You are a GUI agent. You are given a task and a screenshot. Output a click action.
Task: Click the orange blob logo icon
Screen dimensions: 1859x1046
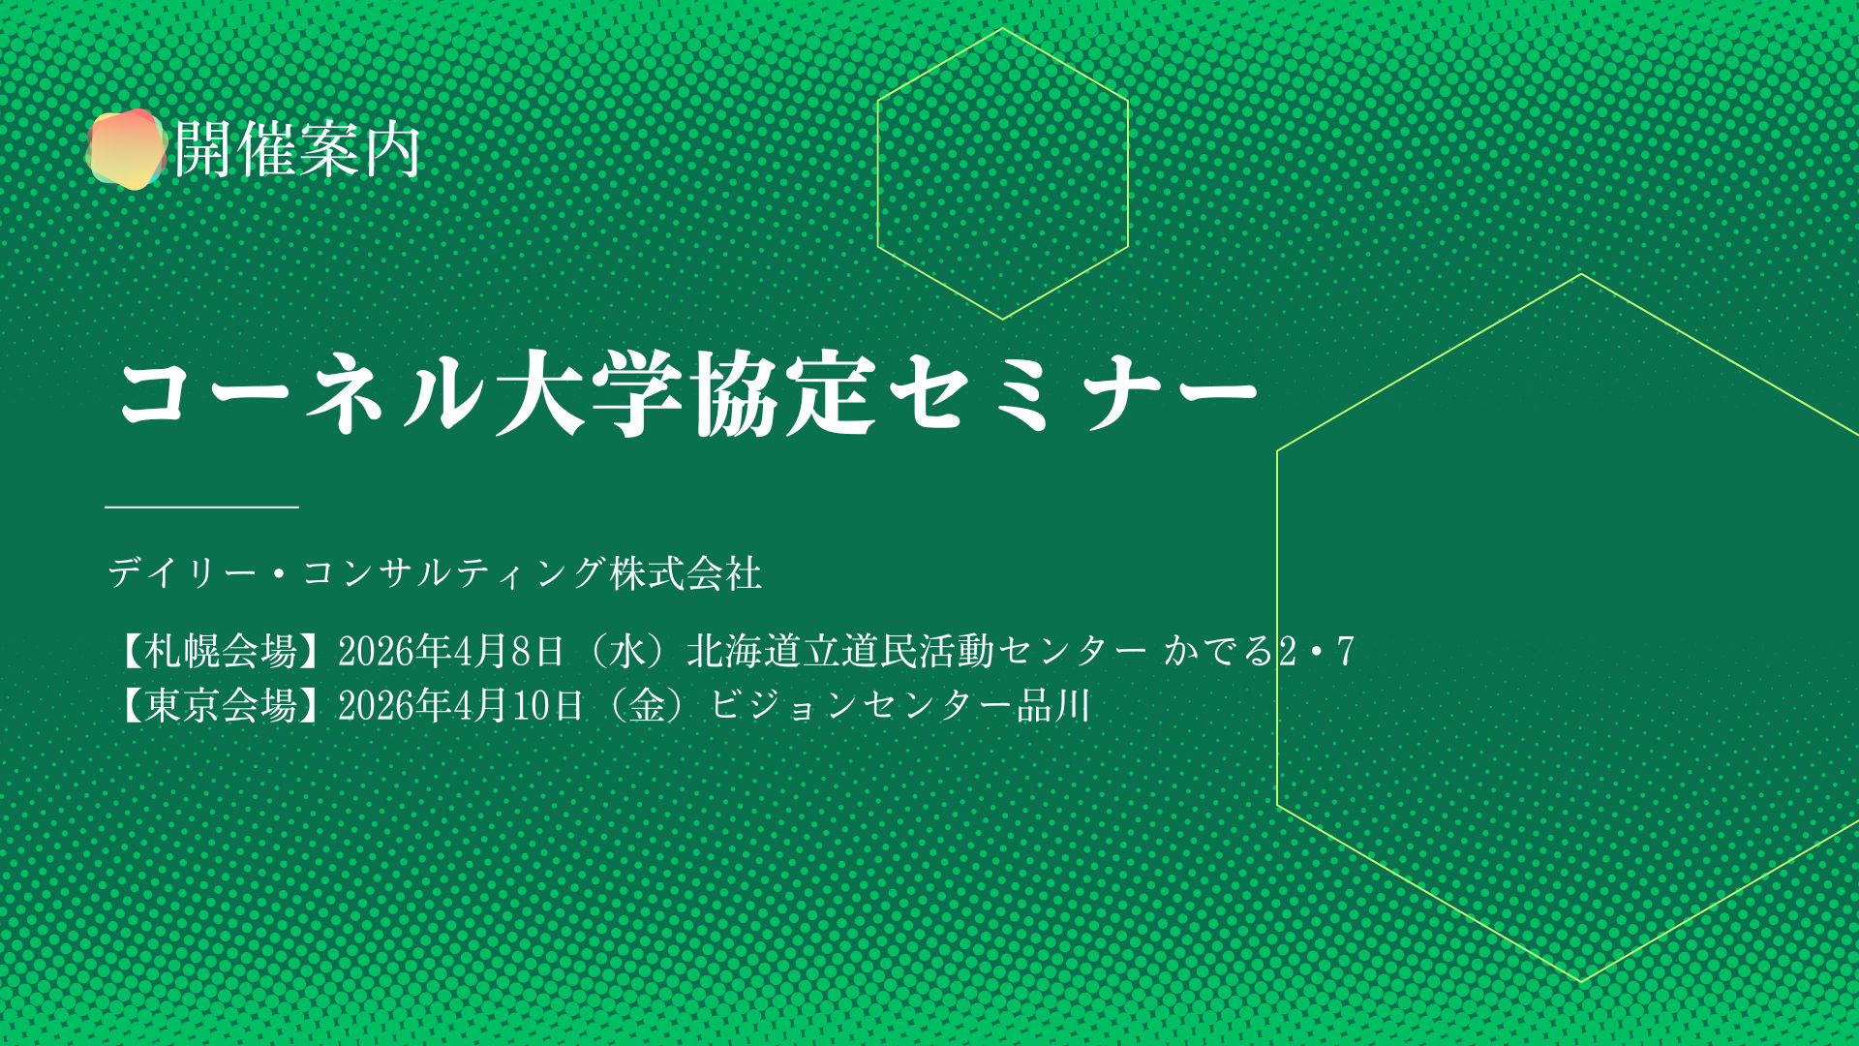pos(126,148)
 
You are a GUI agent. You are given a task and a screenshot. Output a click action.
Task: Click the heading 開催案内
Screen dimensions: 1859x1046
pos(297,149)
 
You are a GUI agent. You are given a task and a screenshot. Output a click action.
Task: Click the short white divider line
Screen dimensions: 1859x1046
pos(201,506)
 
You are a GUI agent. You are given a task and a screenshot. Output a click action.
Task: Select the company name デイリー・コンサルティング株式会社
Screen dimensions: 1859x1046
pos(435,573)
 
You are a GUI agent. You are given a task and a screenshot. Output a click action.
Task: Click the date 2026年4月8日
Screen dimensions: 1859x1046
pos(451,652)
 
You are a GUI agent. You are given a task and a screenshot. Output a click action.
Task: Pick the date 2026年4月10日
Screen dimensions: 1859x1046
pos(461,706)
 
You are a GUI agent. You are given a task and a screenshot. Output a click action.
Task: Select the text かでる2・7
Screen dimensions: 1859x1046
pos(1259,652)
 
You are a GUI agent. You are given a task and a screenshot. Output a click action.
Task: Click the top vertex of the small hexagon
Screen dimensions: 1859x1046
pos(1003,29)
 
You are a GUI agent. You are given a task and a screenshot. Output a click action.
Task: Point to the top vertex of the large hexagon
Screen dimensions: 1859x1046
pos(1581,274)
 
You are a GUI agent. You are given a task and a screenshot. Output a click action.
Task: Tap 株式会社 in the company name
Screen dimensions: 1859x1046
pos(686,573)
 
